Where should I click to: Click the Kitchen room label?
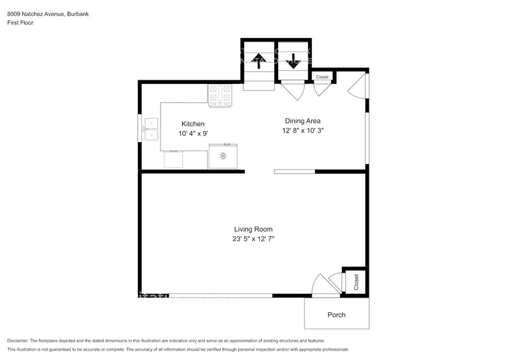(x=193, y=124)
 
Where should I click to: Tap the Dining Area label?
(x=303, y=121)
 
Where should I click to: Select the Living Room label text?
(x=253, y=229)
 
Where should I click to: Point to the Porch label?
(x=336, y=315)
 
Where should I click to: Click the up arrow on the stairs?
(x=258, y=61)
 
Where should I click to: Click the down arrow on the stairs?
(x=293, y=61)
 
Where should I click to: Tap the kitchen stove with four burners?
(x=220, y=96)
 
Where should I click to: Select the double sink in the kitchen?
(x=151, y=129)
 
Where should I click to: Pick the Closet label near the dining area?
(x=322, y=77)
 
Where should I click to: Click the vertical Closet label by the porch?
(x=356, y=282)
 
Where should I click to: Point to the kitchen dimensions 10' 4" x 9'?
(x=193, y=133)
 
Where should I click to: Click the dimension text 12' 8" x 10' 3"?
(x=303, y=130)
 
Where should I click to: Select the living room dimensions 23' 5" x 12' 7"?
(x=253, y=239)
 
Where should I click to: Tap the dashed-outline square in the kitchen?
(x=173, y=159)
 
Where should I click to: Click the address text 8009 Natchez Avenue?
(x=37, y=14)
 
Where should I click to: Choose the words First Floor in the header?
(x=20, y=23)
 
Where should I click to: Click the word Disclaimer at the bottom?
(x=18, y=341)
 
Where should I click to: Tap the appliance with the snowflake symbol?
(x=223, y=156)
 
